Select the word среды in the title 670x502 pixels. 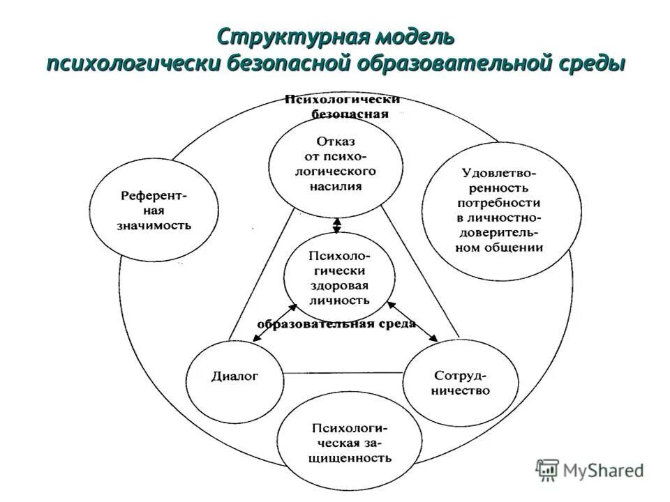(x=591, y=63)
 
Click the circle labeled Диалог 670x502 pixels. (x=234, y=377)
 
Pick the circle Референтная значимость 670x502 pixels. (x=155, y=210)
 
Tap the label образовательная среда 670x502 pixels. (x=336, y=324)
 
